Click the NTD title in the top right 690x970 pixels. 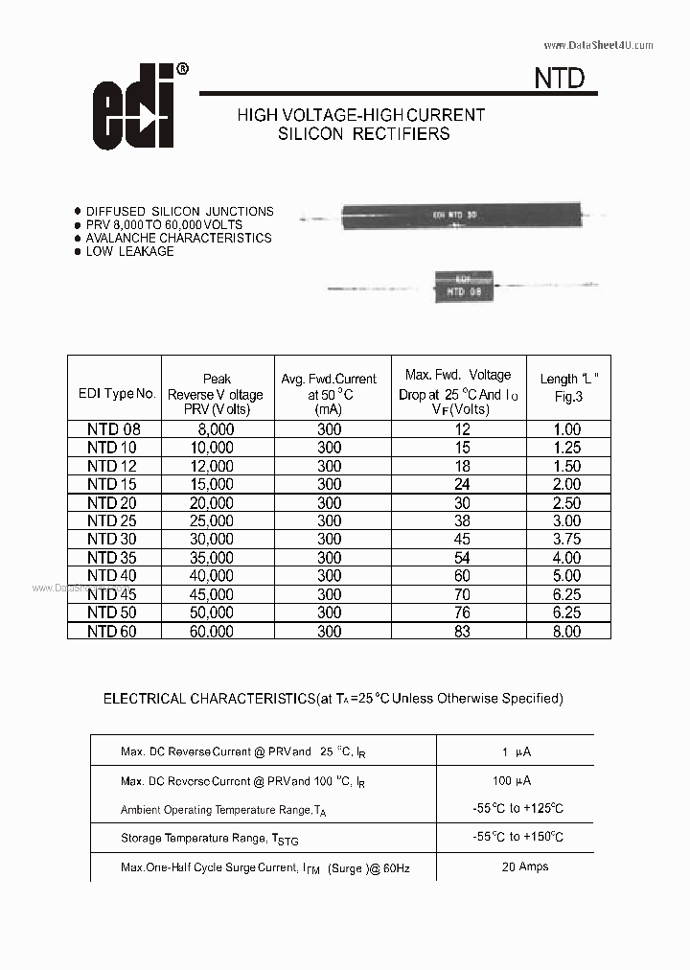click(x=559, y=78)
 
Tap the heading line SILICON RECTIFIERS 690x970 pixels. click(x=363, y=134)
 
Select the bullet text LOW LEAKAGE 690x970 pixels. click(x=129, y=251)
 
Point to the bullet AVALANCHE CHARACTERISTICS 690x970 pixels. click(x=178, y=238)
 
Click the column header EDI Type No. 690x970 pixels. click(x=116, y=394)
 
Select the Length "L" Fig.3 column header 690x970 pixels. click(x=568, y=387)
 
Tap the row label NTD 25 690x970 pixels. click(x=114, y=521)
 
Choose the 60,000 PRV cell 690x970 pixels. click(x=211, y=632)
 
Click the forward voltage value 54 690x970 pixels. click(x=461, y=558)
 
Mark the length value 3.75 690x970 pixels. click(x=566, y=540)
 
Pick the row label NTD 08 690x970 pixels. click(x=114, y=430)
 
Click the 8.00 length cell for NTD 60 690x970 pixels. click(x=566, y=632)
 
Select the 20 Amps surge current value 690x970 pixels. click(x=524, y=866)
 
